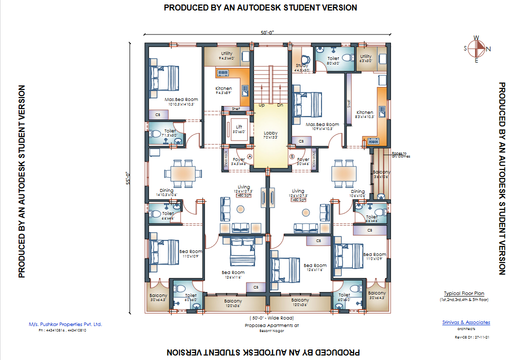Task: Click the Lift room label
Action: click(239, 127)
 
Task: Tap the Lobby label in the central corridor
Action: click(270, 133)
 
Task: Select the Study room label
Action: click(301, 65)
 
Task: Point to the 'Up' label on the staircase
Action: click(261, 105)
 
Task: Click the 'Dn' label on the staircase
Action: click(280, 105)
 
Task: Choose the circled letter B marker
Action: click(291, 156)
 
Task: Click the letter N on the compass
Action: click(488, 48)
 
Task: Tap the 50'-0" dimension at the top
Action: click(267, 32)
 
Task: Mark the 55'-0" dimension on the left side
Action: click(128, 177)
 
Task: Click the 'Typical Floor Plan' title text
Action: click(464, 293)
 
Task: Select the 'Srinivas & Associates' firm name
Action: click(466, 322)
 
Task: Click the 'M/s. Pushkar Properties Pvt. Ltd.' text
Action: click(65, 324)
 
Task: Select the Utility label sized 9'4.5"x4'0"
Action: click(226, 54)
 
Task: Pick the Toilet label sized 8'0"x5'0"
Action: click(333, 59)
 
